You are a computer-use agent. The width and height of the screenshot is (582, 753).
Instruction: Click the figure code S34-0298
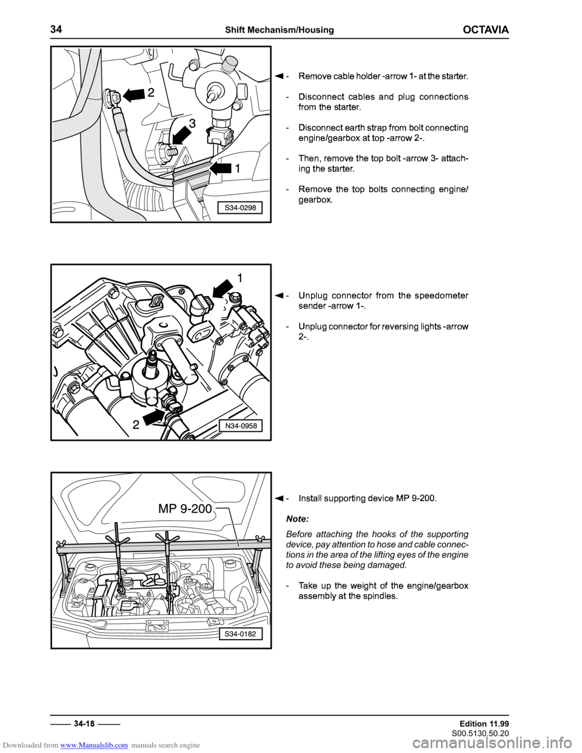pos(240,208)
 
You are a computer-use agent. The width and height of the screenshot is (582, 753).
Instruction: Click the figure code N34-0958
pos(241,426)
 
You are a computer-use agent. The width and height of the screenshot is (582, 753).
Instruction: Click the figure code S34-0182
pos(240,634)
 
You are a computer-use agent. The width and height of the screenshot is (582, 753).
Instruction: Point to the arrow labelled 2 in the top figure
pos(132,95)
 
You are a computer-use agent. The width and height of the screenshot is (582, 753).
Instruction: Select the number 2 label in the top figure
pos(152,93)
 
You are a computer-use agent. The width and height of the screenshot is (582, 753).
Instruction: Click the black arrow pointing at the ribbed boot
pos(221,168)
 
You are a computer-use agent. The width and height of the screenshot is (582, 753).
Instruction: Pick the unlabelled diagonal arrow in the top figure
pos(182,135)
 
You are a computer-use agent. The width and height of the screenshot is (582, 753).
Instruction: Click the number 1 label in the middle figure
pos(239,278)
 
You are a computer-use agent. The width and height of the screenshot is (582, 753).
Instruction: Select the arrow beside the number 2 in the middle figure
pos(154,417)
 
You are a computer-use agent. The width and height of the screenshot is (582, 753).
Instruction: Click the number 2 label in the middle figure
pos(136,426)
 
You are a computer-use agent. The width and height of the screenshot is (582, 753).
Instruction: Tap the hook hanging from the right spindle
pos(170,596)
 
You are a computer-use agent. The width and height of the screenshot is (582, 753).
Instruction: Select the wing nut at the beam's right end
pos(260,539)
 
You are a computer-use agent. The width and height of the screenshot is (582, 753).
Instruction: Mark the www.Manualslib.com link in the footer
pos(94,745)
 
